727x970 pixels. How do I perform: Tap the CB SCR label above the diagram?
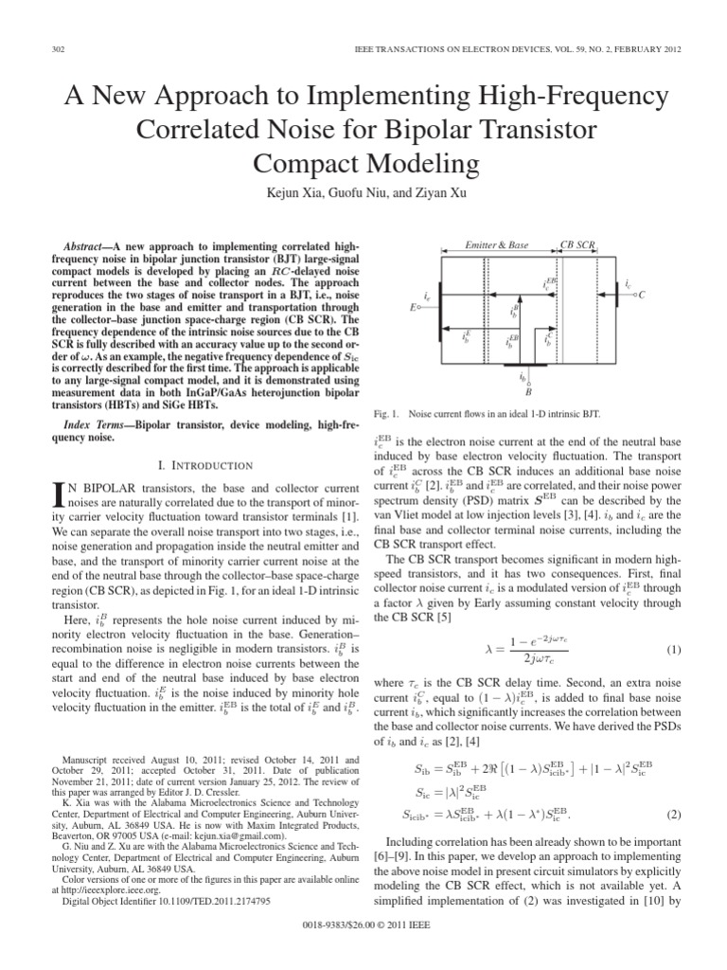pyautogui.click(x=577, y=245)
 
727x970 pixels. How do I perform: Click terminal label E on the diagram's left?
pyautogui.click(x=412, y=308)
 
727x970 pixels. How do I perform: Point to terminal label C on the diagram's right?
pyautogui.click(x=642, y=295)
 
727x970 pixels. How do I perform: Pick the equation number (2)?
pyautogui.click(x=673, y=814)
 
